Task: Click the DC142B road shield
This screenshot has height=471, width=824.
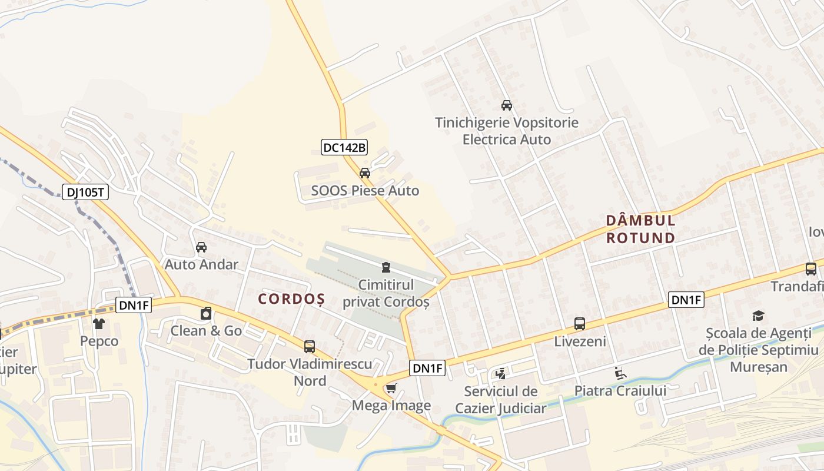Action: point(344,147)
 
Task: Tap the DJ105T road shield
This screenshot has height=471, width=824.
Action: point(85,192)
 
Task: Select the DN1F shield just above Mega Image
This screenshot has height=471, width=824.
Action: point(427,369)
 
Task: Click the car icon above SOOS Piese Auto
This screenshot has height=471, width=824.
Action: point(365,173)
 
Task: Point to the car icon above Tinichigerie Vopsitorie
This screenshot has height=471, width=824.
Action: point(506,105)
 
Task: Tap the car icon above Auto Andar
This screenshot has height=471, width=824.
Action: point(201,247)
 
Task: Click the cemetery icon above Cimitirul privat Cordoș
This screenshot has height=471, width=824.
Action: point(386,267)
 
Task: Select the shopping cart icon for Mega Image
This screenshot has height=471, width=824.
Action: point(391,388)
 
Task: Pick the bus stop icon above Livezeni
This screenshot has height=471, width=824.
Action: point(580,323)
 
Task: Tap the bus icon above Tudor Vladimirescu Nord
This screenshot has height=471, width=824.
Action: point(310,346)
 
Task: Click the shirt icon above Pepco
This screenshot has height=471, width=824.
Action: point(99,323)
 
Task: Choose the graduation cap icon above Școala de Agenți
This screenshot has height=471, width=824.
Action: point(758,316)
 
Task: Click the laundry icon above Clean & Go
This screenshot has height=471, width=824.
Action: point(206,313)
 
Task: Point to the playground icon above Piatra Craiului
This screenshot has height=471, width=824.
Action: point(620,373)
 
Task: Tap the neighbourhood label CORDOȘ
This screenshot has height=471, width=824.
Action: point(291,299)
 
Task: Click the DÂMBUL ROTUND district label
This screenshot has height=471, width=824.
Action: point(641,229)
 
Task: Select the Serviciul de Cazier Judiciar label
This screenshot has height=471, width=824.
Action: point(501,400)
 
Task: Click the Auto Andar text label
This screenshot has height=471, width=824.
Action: point(201,264)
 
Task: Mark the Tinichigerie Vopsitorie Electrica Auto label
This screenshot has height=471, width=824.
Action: point(507,131)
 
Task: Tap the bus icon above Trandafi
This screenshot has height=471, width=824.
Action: point(811,269)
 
